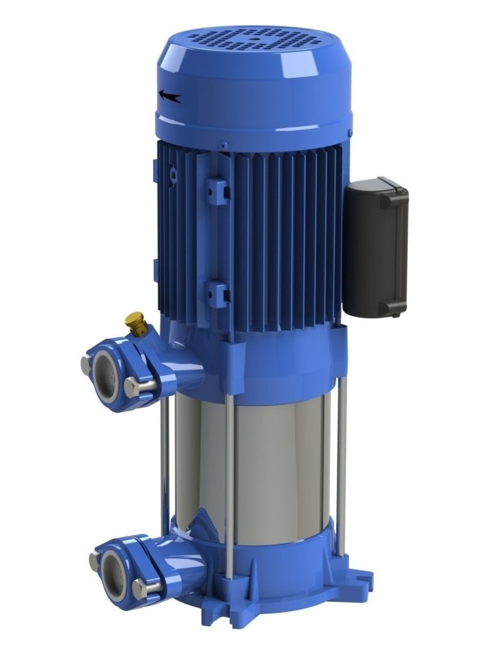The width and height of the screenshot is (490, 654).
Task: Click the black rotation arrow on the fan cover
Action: click(170, 96)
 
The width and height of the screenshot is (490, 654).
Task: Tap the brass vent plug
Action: click(135, 322)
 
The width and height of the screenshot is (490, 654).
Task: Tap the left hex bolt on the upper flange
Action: click(86, 364)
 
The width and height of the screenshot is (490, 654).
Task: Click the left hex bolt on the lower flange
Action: click(94, 561)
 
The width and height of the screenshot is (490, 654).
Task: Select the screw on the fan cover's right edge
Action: click(349, 132)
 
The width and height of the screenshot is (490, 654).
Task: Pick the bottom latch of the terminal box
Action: click(390, 306)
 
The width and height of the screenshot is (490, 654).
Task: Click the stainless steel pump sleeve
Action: click(276, 466)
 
